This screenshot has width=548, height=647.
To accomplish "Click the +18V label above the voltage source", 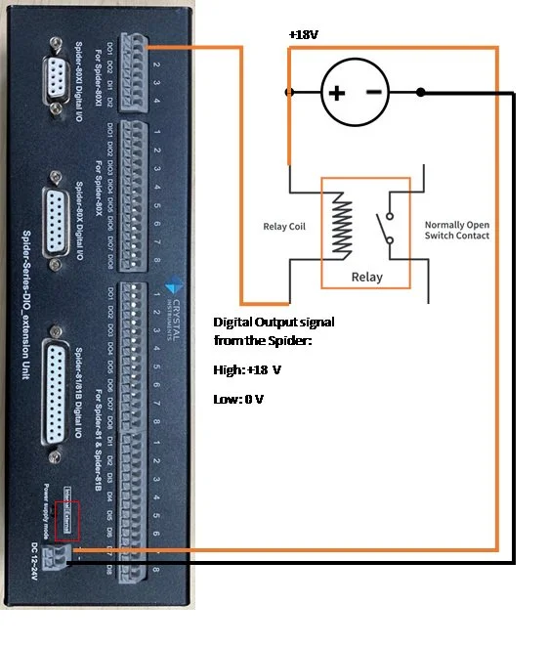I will coord(302,34).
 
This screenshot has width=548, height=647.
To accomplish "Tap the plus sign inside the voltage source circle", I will coord(336,93).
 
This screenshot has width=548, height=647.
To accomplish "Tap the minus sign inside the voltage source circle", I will coord(374,93).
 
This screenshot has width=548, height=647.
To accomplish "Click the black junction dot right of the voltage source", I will coord(420,93).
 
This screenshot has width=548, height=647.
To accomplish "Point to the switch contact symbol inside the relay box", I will coord(391,227).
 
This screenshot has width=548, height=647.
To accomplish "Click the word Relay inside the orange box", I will coord(366,277).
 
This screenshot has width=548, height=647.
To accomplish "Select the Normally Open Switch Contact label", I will coord(456,231).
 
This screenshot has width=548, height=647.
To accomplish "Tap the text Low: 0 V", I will coord(238,400).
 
